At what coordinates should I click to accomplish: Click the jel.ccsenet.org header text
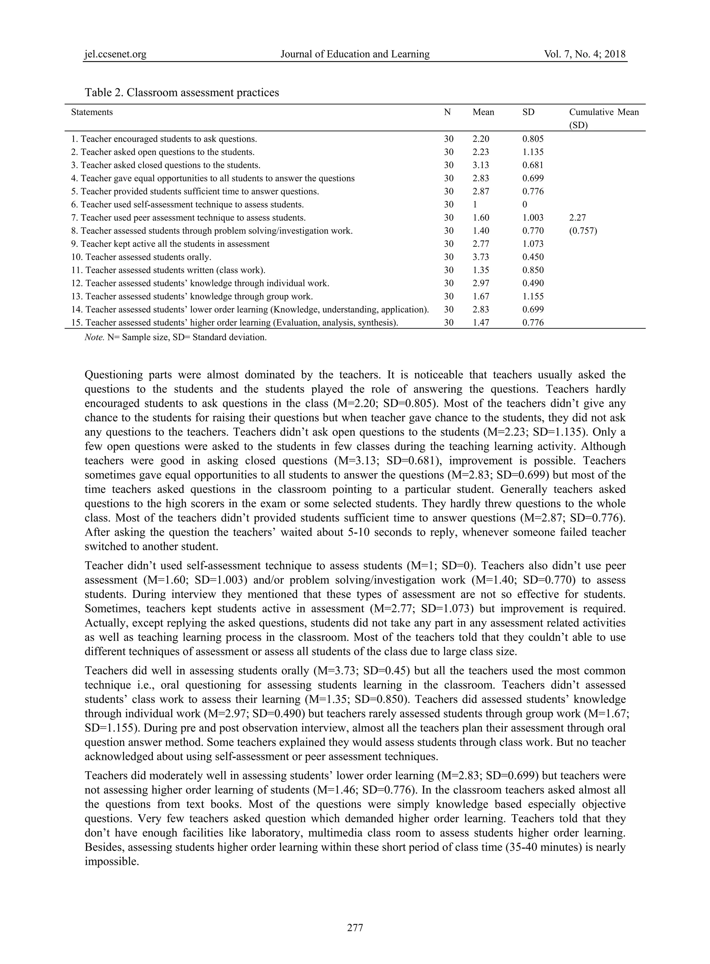click(x=115, y=54)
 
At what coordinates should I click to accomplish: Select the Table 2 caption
click(x=182, y=93)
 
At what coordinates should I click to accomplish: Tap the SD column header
click(x=528, y=112)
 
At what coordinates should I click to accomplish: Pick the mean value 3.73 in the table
click(x=480, y=257)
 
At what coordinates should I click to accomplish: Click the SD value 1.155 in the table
click(x=533, y=297)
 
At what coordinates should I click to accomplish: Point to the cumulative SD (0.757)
click(x=583, y=231)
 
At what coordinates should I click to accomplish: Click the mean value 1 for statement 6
click(x=475, y=205)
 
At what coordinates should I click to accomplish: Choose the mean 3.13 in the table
click(x=480, y=165)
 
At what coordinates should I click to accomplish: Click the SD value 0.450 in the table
click(x=533, y=257)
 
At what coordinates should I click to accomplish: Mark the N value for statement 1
click(x=448, y=139)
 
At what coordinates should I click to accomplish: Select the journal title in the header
click(x=355, y=54)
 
